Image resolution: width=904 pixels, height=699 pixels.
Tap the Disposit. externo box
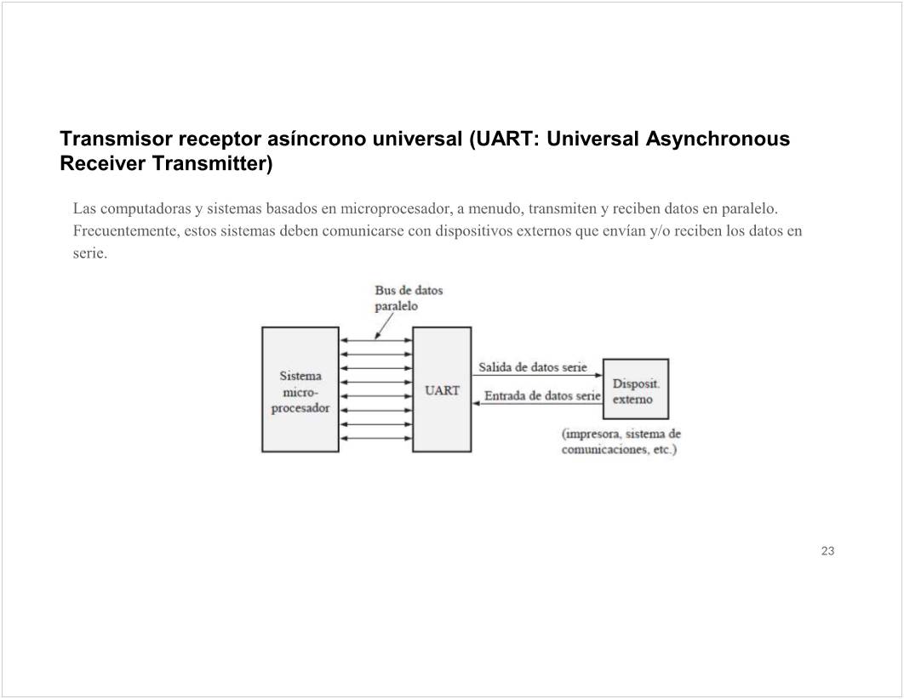click(x=636, y=389)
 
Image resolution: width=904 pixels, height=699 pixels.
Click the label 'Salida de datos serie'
click(x=532, y=367)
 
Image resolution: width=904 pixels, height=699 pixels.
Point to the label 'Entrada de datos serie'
click(x=542, y=396)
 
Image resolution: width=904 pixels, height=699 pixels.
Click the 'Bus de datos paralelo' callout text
click(x=408, y=298)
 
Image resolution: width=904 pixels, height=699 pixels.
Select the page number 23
click(x=827, y=551)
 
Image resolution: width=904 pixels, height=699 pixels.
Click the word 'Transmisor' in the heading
click(x=115, y=139)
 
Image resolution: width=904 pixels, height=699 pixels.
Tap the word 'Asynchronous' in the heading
click(x=718, y=139)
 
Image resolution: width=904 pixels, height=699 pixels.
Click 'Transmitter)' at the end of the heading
click(x=212, y=163)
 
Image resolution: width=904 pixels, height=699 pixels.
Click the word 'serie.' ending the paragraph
click(x=90, y=253)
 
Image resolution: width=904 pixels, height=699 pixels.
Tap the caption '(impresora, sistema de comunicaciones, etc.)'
click(x=621, y=441)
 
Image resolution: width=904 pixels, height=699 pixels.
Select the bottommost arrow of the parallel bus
click(x=375, y=438)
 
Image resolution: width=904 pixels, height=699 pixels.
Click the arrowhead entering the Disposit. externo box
click(x=598, y=375)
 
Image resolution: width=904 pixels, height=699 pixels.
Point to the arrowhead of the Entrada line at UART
click(x=477, y=403)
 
